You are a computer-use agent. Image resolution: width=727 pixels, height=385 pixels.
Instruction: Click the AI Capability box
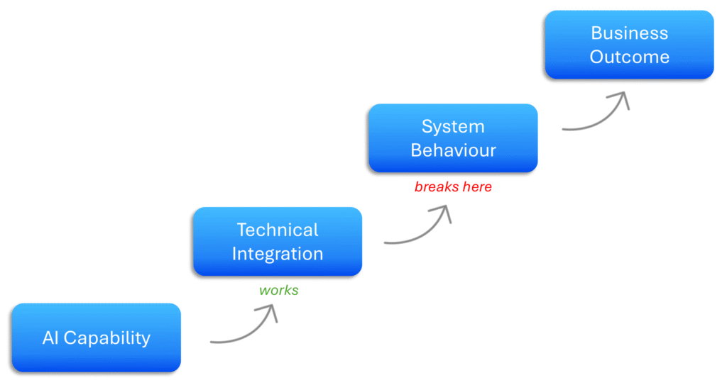tap(97, 337)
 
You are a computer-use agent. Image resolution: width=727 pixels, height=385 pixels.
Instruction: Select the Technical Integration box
tap(278, 241)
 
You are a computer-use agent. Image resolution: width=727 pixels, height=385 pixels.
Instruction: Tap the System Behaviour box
tap(453, 138)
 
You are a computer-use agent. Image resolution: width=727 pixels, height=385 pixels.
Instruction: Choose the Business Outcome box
tap(629, 45)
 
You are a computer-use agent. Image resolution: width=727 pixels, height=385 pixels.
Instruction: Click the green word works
tap(279, 290)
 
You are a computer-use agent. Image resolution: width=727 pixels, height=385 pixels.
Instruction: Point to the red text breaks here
tap(453, 187)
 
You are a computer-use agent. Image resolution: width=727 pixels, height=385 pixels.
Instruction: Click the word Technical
tap(278, 230)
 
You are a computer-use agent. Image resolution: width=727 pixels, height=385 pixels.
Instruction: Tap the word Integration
tap(278, 253)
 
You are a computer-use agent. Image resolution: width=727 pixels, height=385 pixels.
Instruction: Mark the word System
tap(453, 127)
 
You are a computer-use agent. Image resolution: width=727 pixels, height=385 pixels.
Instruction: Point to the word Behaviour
tap(453, 150)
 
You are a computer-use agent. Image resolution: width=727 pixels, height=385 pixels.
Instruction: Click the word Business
tap(629, 33)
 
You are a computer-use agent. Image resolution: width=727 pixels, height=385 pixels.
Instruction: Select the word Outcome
tap(629, 57)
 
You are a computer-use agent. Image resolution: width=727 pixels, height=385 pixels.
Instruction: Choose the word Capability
tap(106, 338)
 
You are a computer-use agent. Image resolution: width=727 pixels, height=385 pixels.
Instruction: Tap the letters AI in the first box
tap(50, 337)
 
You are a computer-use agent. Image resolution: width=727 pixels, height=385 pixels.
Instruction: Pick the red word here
tap(476, 187)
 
